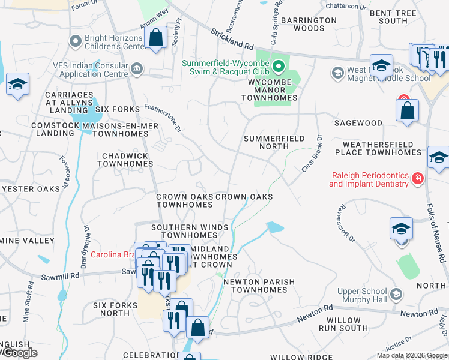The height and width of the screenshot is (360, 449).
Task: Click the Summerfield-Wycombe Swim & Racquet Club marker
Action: pyautogui.click(x=277, y=65)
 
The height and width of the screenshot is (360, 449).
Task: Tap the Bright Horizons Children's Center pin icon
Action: pyautogui.click(x=75, y=41)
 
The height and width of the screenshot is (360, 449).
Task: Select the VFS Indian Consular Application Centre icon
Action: pyautogui.click(x=137, y=70)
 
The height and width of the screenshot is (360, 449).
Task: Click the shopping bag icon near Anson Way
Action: pyautogui.click(x=156, y=38)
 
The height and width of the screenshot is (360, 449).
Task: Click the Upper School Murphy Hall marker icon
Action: pyautogui.click(x=396, y=294)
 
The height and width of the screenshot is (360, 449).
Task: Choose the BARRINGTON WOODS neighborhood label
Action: pyautogui.click(x=311, y=24)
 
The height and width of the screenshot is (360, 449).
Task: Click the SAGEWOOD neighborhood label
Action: pyautogui.click(x=358, y=123)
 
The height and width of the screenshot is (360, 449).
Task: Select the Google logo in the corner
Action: pyautogui.click(x=20, y=353)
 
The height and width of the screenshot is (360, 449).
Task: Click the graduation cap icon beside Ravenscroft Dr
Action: pyautogui.click(x=401, y=230)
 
